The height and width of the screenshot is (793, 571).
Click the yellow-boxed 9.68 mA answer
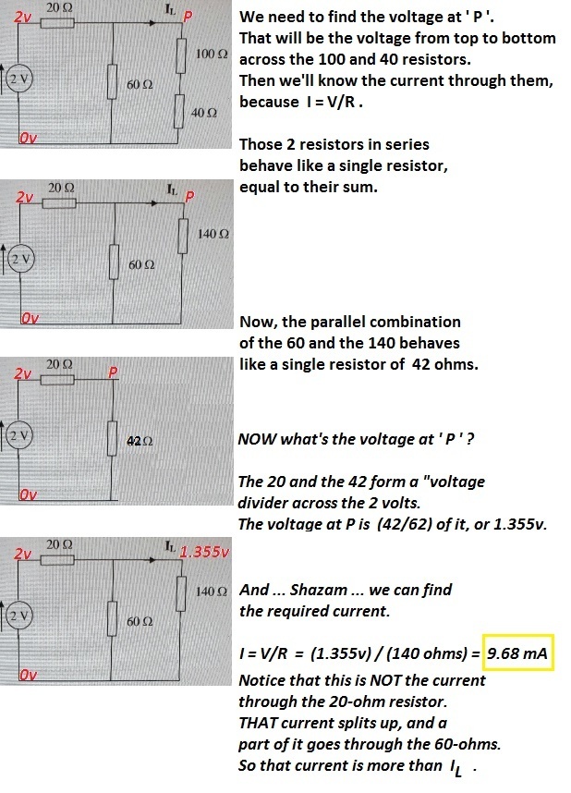click(517, 653)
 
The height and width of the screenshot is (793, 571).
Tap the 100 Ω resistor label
click(212, 54)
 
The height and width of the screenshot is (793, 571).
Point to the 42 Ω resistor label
click(140, 441)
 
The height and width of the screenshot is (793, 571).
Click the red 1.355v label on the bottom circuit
click(204, 551)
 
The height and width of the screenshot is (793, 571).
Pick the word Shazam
click(319, 590)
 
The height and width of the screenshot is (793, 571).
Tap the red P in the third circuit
click(114, 372)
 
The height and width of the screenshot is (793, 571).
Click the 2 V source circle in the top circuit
click(19, 79)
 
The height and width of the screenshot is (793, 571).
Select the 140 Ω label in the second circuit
click(213, 234)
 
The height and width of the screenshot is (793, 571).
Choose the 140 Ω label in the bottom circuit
click(212, 591)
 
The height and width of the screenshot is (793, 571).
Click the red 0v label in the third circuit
click(30, 494)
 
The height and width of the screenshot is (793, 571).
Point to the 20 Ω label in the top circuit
click(59, 8)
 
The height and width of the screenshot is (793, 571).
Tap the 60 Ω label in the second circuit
click(141, 264)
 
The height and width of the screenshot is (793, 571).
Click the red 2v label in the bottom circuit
click(23, 554)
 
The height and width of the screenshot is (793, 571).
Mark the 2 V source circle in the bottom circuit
click(19, 616)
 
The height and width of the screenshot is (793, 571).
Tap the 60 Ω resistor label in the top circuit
click(140, 84)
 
